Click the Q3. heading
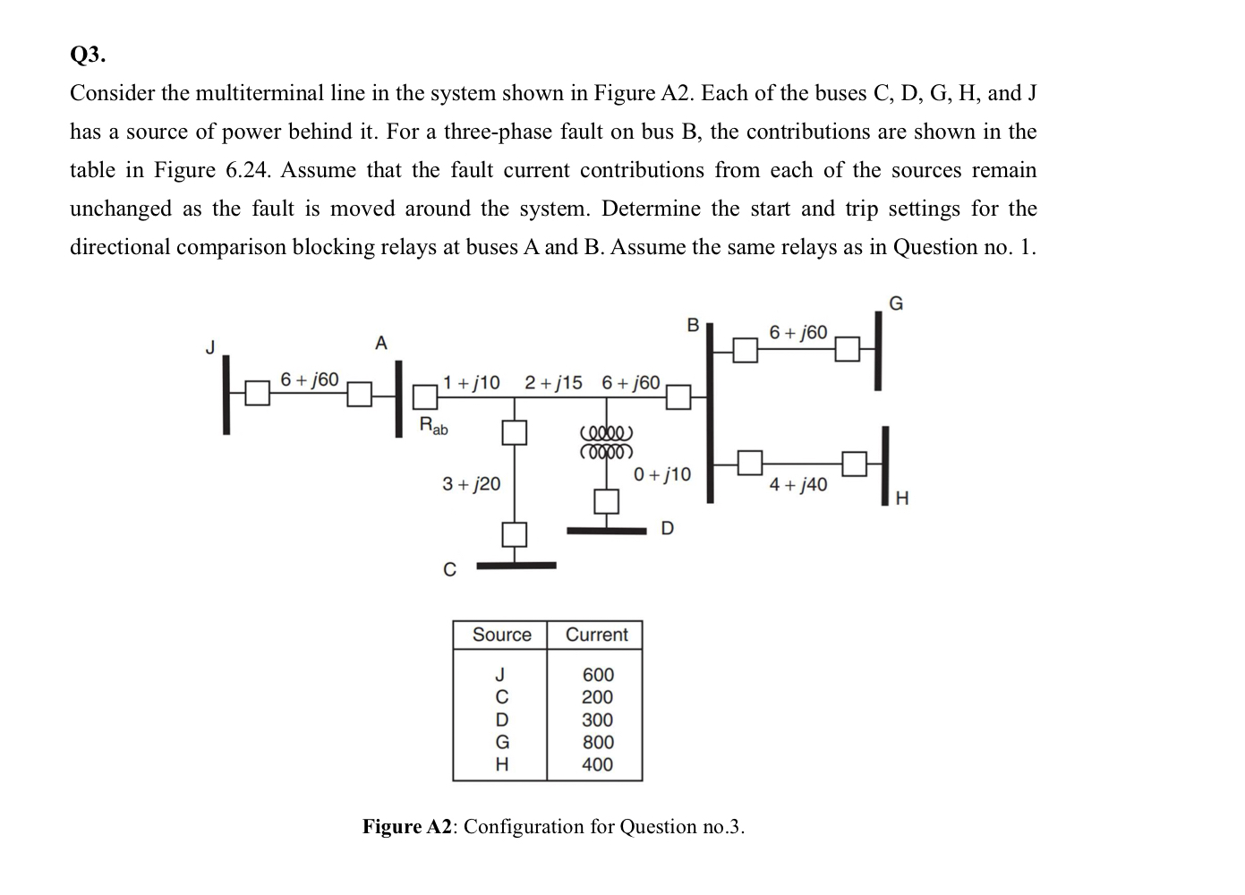(88, 55)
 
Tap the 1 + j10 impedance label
(472, 383)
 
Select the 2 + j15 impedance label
(553, 383)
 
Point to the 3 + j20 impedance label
(472, 484)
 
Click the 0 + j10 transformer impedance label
(662, 473)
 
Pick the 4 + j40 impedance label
(798, 485)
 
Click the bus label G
(896, 303)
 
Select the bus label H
(901, 499)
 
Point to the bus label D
(667, 529)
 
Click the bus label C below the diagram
(450, 569)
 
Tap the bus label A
(381, 343)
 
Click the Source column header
(501, 635)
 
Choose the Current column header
(596, 635)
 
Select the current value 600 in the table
(598, 675)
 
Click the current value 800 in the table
(598, 742)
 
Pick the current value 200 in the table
(598, 697)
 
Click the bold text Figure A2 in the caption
(408, 826)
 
